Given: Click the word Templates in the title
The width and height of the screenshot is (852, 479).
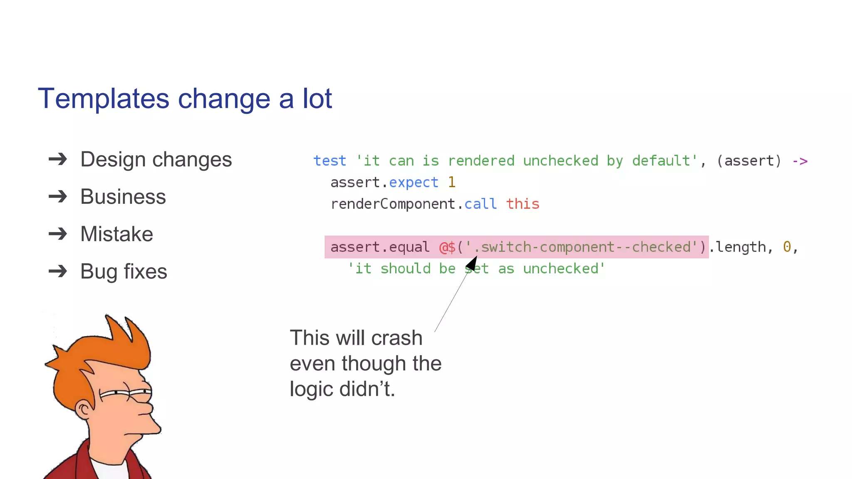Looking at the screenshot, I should click(103, 99).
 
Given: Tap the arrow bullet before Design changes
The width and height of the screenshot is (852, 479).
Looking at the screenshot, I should click(58, 159).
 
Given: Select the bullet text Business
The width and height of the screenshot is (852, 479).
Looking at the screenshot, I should click(123, 197).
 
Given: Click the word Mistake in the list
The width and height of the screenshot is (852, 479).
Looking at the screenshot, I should click(116, 234).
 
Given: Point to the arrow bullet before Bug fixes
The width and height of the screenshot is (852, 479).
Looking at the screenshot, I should click(58, 272).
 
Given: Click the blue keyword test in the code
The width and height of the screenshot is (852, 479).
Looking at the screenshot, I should click(329, 161).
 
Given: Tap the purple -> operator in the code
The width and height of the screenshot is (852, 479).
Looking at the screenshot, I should click(800, 161).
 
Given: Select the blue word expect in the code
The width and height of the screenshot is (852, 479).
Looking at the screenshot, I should click(414, 183).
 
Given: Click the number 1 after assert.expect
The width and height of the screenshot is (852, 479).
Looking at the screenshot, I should click(452, 183).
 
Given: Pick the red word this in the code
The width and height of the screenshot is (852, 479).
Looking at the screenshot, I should click(523, 204).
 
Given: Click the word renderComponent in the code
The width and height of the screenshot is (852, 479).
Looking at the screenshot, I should click(393, 204).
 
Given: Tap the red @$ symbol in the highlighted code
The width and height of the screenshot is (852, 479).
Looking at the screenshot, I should click(447, 247).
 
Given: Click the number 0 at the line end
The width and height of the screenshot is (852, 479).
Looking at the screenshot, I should click(787, 247).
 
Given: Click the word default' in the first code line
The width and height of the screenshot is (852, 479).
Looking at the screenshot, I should click(664, 161).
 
